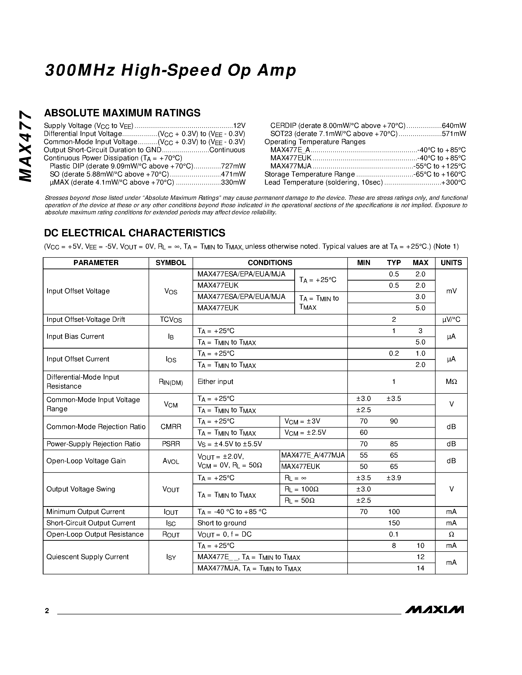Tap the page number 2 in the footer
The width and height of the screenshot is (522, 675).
[x=47, y=611]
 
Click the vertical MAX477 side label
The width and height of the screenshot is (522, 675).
[x=26, y=146]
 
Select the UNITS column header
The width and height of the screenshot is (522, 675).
[x=451, y=263]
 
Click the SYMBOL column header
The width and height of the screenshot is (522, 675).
[x=171, y=263]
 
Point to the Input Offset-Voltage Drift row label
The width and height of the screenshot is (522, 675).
[x=86, y=319]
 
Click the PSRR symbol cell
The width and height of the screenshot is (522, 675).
[x=171, y=444]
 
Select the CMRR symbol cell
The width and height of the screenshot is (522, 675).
[x=171, y=427]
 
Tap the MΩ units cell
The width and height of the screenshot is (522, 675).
[x=451, y=382]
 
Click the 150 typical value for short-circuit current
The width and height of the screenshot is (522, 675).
[x=394, y=523]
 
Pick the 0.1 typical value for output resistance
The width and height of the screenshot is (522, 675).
[x=394, y=534]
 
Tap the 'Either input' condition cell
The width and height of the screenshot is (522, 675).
[x=215, y=382]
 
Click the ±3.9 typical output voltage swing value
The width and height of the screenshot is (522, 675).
[x=394, y=478]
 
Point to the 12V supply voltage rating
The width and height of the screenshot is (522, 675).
[x=239, y=125]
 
